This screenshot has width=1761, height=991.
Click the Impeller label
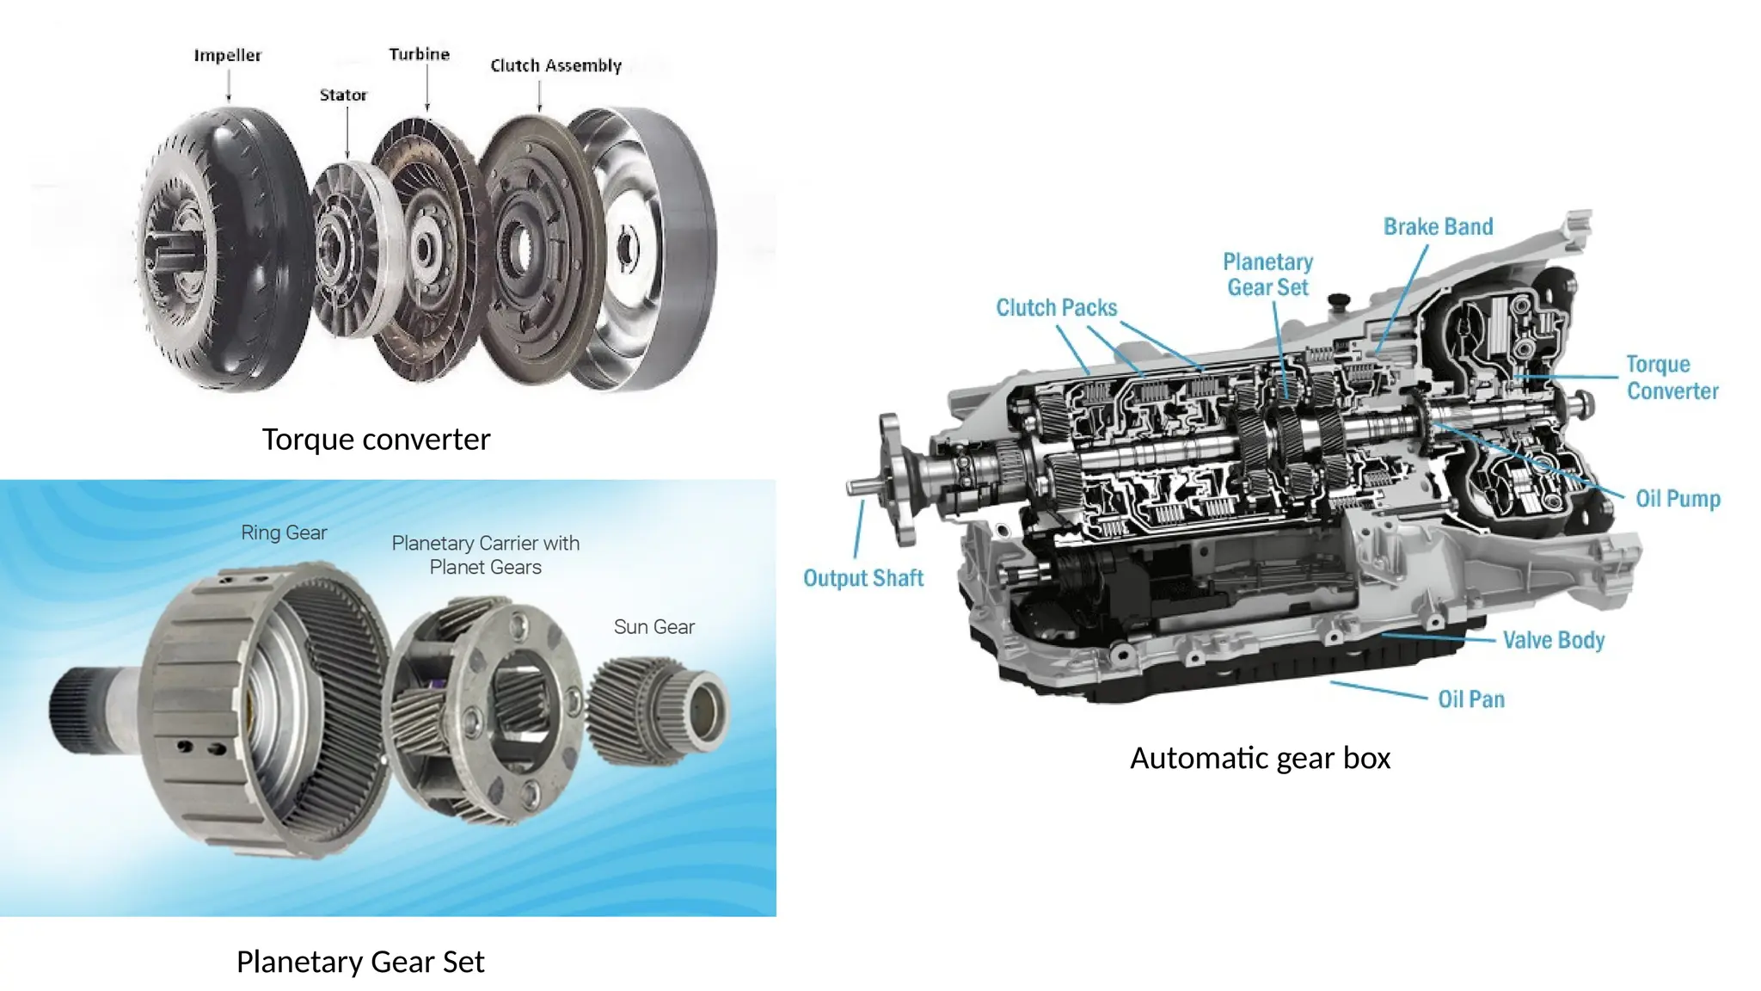coord(227,55)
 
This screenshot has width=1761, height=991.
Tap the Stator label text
coord(343,95)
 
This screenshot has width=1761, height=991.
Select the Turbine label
coord(419,54)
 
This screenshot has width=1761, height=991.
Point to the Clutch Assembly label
coord(555,65)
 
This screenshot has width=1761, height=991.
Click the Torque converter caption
coord(376,440)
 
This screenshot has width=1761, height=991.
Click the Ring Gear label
coord(284,532)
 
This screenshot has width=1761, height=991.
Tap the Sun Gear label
coord(653,627)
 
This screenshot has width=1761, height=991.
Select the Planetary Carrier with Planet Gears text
coord(485,555)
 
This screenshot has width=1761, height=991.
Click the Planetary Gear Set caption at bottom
coord(360,962)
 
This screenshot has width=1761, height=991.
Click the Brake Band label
coord(1438,227)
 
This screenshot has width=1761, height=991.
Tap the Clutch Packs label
coord(1056,308)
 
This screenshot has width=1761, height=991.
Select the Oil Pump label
coord(1677,499)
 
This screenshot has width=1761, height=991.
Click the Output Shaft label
coord(863,578)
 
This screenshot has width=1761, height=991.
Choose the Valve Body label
coord(1553,640)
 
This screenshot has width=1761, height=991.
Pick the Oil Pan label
coord(1471,699)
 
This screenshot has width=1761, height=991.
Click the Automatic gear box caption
coord(1260,758)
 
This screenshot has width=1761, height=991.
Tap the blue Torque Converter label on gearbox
coord(1671,378)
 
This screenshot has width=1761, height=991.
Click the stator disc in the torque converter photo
coord(348,249)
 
